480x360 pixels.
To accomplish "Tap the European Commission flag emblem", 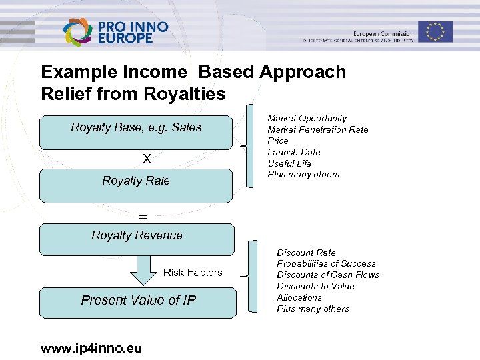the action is click(x=436, y=31).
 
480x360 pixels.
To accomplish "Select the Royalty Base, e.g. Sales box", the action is click(x=136, y=132).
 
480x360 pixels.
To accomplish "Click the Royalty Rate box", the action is click(x=136, y=185).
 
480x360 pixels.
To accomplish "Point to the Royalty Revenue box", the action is click(x=137, y=239).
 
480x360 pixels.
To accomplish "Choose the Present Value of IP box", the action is click(x=138, y=303).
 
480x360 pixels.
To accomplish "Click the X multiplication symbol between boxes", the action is click(x=147, y=159).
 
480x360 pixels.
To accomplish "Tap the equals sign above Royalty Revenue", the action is click(x=143, y=216).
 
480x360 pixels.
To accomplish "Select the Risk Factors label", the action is click(x=193, y=272).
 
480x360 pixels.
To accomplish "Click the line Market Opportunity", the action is click(x=307, y=118).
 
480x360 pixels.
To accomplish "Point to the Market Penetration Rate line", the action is click(x=317, y=129).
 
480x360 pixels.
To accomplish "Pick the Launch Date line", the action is click(x=293, y=152).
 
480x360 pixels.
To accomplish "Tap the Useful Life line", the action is click(x=289, y=163).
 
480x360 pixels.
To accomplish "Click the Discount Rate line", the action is click(x=306, y=253).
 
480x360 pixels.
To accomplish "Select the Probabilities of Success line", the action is click(x=326, y=263).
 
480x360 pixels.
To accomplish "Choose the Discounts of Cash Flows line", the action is click(x=328, y=275).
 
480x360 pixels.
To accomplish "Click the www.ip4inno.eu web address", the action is click(x=91, y=348).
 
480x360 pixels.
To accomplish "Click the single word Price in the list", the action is click(x=278, y=141).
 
